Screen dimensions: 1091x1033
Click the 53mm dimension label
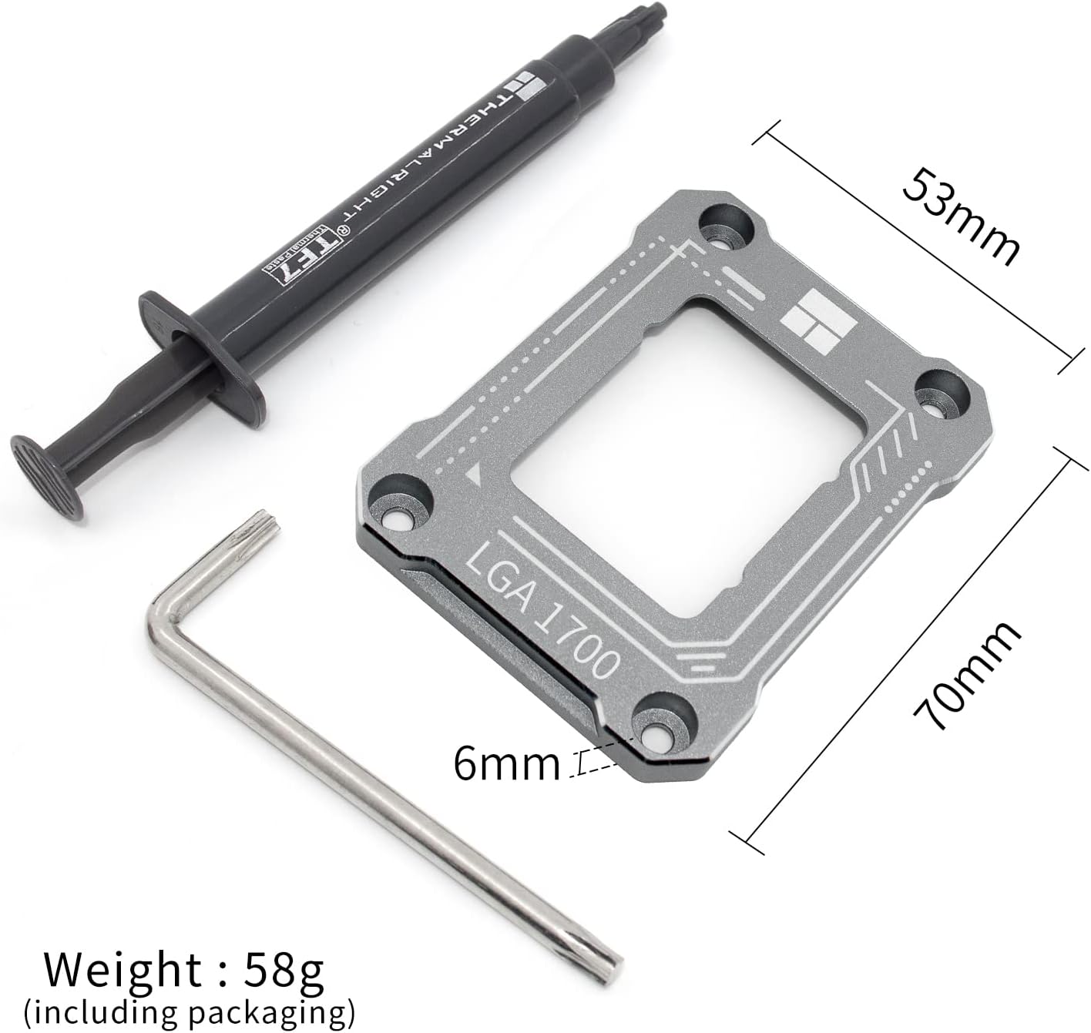click(961, 217)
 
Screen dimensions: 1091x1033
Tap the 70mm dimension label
click(966, 675)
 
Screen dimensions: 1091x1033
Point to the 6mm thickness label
click(507, 763)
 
